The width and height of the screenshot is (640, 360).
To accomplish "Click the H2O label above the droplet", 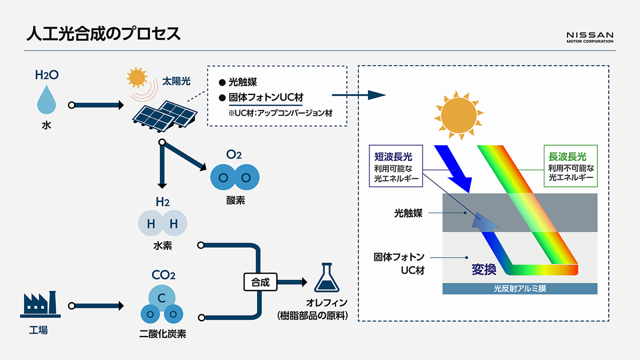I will coord(46,75).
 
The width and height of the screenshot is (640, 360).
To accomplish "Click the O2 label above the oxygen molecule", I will coord(234,155).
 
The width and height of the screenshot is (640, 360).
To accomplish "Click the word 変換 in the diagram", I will coord(484,270).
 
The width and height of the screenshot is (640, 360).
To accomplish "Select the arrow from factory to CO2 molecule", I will coord(97,306).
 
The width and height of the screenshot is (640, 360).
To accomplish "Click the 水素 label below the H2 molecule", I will coord(162,247).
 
